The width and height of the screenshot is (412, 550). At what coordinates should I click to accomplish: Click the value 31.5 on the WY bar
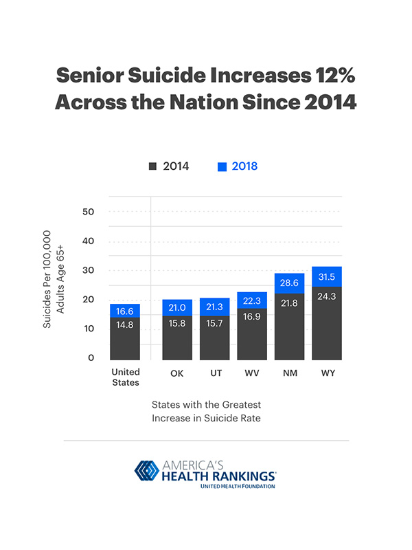pyautogui.click(x=327, y=277)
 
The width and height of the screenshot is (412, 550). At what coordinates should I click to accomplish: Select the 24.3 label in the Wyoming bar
pyautogui.click(x=327, y=298)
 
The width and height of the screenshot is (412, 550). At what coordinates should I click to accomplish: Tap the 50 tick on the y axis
pyautogui.click(x=88, y=212)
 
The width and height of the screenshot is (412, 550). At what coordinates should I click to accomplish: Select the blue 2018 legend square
pyautogui.click(x=221, y=166)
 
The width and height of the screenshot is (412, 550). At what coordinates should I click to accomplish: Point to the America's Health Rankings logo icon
pyautogui.click(x=146, y=472)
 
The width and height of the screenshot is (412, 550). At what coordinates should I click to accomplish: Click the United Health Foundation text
pyautogui.click(x=238, y=486)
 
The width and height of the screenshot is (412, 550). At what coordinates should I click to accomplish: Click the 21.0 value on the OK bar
pyautogui.click(x=176, y=307)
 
